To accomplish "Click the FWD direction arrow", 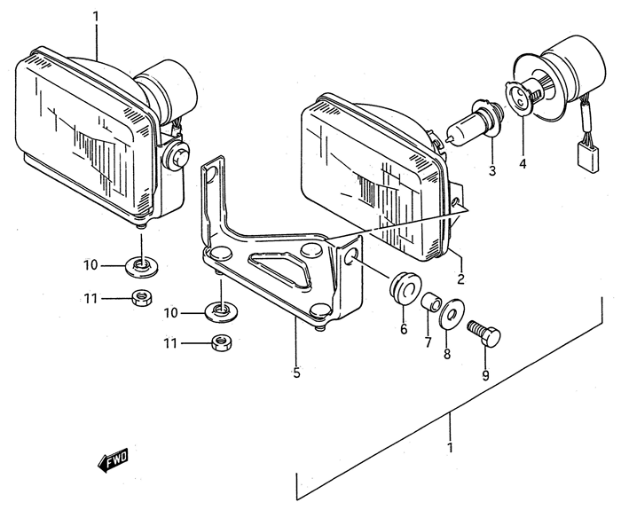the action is [x=113, y=459].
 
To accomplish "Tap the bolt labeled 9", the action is [x=484, y=333].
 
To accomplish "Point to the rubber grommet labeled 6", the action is [x=405, y=287].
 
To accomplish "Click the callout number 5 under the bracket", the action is [x=296, y=373].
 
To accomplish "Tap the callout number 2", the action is [x=460, y=279].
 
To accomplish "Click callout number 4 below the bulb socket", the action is [x=523, y=163].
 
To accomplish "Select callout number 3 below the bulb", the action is [x=491, y=170].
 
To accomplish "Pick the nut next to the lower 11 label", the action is [x=222, y=342].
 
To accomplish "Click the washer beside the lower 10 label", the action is [x=222, y=311].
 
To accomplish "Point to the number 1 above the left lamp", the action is [x=96, y=17].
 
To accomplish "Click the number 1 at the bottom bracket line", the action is [x=450, y=448].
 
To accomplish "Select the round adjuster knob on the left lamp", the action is [x=177, y=153].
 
